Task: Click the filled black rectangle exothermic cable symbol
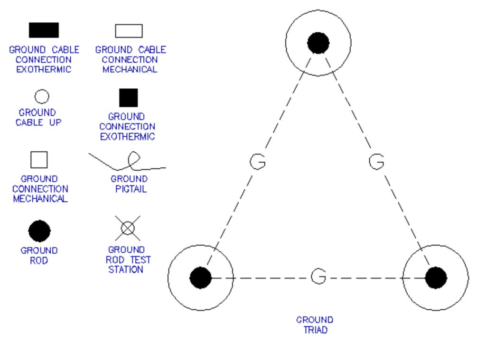[44, 30]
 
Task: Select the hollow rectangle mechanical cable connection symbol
[129, 31]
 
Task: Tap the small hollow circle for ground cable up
[42, 97]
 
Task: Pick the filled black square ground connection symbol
[128, 98]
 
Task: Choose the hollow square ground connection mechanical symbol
[39, 160]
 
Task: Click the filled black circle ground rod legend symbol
[39, 231]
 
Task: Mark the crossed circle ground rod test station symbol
[127, 228]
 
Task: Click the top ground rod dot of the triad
[318, 43]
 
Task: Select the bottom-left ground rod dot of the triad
[200, 277]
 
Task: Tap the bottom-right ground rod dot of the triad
[436, 277]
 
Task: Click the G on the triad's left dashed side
[258, 162]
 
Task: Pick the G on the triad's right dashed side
[376, 162]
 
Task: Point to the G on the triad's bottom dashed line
[318, 276]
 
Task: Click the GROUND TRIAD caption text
[315, 325]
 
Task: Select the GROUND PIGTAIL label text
[129, 184]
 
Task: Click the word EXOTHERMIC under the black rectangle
[44, 70]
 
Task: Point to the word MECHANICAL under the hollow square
[40, 199]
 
